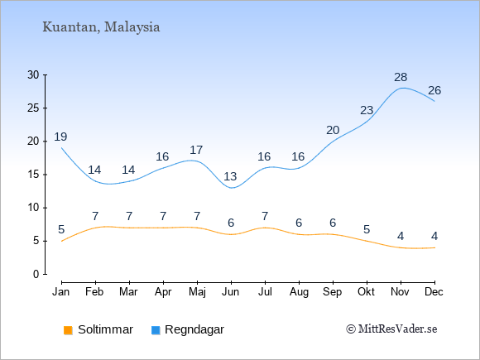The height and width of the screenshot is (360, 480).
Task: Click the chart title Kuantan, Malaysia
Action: click(x=101, y=27)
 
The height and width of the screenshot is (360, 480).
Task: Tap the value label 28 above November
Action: click(x=401, y=77)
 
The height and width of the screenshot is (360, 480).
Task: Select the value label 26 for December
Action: click(x=434, y=90)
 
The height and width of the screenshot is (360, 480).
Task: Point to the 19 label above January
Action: click(x=60, y=137)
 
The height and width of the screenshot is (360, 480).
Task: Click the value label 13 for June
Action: click(x=230, y=176)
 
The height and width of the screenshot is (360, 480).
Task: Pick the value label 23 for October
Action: click(x=367, y=110)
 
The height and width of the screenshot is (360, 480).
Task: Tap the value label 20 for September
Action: click(x=333, y=131)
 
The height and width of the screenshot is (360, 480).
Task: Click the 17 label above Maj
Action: click(x=196, y=151)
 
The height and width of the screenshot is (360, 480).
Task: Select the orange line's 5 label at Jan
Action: click(x=61, y=229)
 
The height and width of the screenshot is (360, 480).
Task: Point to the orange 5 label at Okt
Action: click(x=367, y=229)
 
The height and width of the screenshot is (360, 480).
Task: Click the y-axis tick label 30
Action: click(x=33, y=74)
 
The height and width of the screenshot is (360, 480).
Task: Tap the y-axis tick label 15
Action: click(x=33, y=175)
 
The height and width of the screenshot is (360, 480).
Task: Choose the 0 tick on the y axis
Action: click(x=36, y=274)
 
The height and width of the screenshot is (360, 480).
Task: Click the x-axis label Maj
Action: click(x=197, y=292)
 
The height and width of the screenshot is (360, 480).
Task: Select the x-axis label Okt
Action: click(x=366, y=292)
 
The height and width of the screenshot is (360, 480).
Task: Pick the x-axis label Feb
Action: click(x=94, y=292)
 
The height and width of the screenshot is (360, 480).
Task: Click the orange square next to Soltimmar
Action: click(x=68, y=330)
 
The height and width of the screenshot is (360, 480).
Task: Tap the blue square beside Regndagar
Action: click(x=156, y=330)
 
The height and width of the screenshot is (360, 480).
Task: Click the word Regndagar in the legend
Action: click(x=194, y=330)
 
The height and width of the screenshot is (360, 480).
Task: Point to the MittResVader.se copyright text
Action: click(x=391, y=329)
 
